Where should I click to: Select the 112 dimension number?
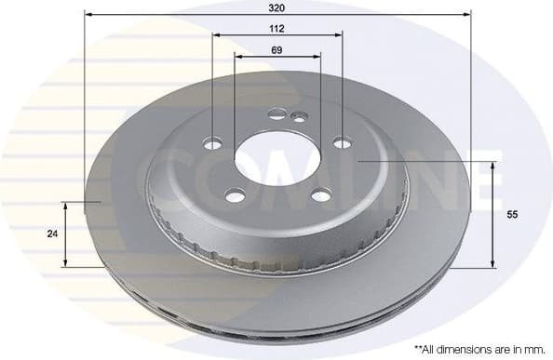pos(276,28)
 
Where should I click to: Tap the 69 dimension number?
pos(276,49)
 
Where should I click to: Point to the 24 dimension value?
pos(51,234)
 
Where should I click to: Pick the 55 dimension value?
pos(511,214)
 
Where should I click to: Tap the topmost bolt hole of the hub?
pos(277,114)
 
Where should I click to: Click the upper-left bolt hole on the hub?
pos(212,144)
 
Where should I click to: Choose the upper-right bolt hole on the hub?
pos(342,143)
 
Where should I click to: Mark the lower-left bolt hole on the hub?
pos(236,194)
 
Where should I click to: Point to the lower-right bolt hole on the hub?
pos(320,194)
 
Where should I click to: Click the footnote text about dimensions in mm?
pos(478,348)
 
